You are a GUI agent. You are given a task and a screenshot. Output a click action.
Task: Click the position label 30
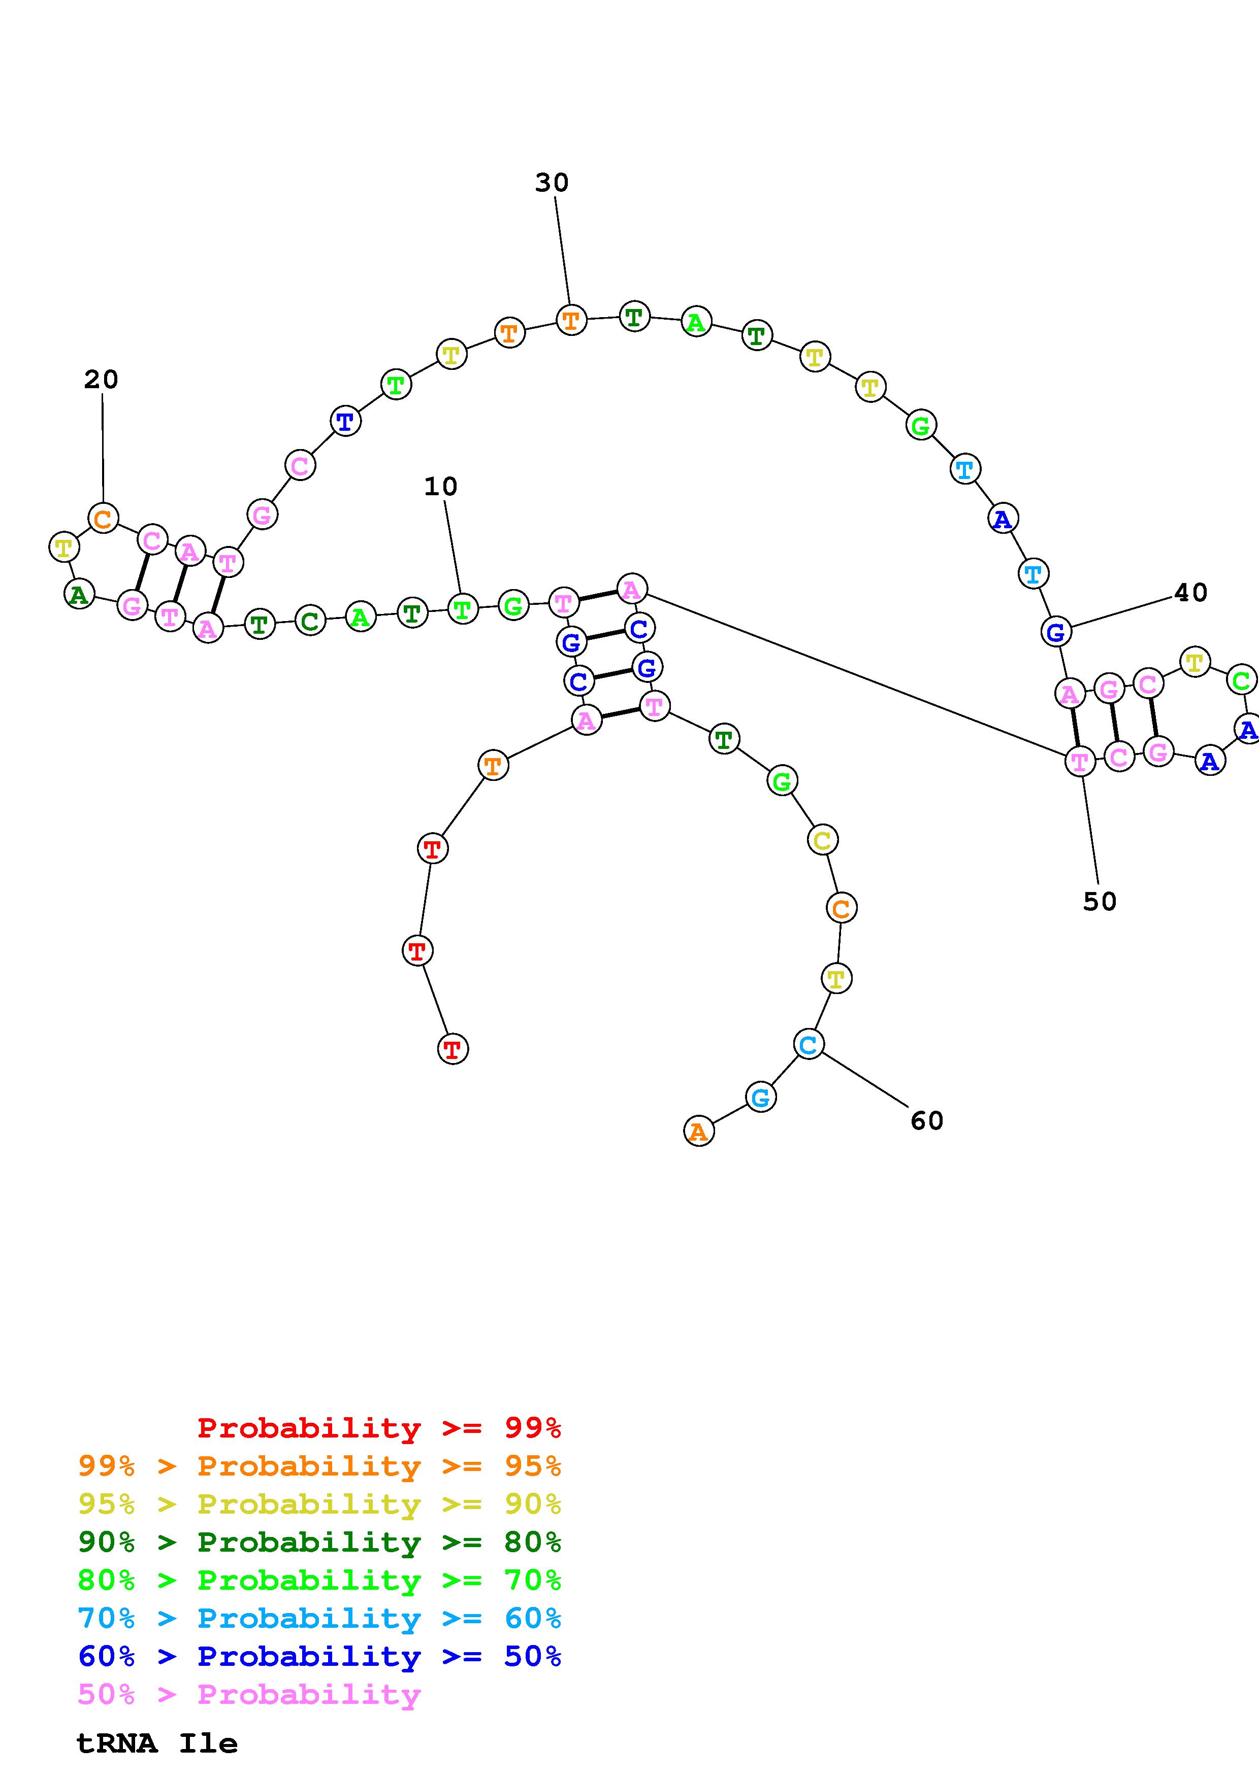tap(552, 183)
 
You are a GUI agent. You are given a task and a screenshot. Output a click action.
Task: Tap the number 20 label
tap(101, 380)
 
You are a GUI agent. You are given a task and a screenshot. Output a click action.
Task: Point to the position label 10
tap(441, 487)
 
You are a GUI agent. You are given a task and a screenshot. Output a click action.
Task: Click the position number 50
tap(1099, 902)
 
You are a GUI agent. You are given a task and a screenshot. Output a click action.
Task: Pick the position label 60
tap(926, 1121)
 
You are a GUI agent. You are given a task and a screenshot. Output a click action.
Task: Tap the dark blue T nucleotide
tap(345, 422)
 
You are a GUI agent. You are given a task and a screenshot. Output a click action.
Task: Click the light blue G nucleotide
tap(760, 1097)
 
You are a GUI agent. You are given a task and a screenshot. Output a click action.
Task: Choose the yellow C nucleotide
tap(822, 840)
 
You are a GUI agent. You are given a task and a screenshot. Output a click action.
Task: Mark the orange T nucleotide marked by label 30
tap(571, 319)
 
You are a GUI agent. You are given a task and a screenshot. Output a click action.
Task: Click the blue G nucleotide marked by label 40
tap(1056, 632)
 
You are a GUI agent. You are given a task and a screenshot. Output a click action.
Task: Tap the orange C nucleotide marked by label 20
tap(103, 518)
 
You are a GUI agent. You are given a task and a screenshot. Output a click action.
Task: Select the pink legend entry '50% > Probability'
tap(249, 1695)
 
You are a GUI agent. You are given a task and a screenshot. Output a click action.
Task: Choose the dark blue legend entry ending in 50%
tap(319, 1657)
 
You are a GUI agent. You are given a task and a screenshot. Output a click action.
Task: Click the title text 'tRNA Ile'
tap(157, 1743)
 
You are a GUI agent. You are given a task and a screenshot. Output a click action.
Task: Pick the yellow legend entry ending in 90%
tap(319, 1504)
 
